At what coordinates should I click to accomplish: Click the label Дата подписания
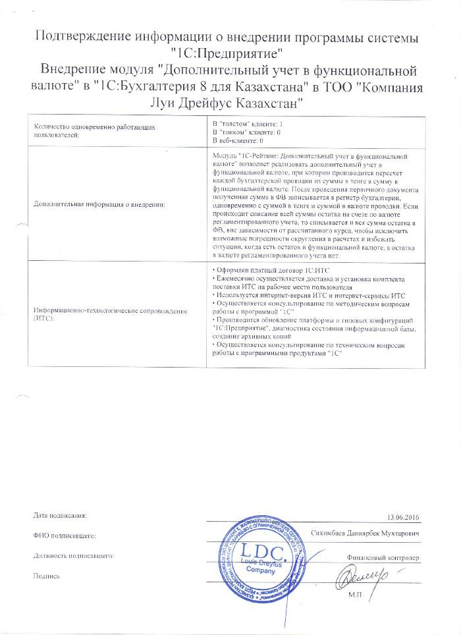pyautogui.click(x=59, y=514)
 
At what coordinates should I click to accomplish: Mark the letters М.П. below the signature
pyautogui.click(x=356, y=594)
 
